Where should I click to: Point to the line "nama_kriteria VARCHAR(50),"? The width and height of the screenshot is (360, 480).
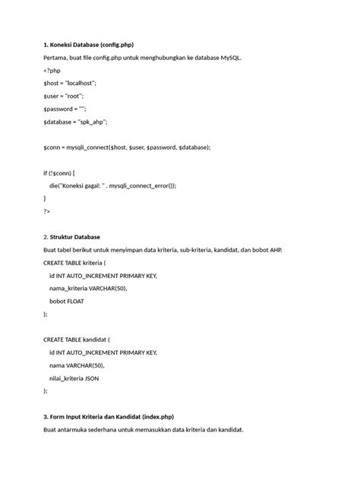(88, 289)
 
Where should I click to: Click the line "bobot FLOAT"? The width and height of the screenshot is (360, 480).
(67, 302)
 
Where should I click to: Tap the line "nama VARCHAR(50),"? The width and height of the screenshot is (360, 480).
(77, 365)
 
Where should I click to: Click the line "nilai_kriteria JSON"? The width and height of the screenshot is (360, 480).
(74, 378)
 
